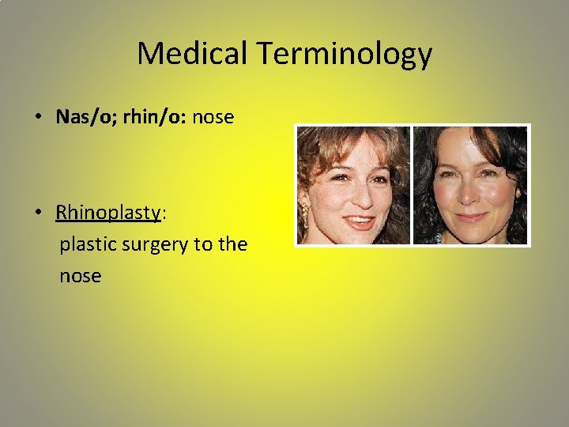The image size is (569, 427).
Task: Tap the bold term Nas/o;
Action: point(87,117)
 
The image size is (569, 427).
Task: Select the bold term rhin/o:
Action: point(154,117)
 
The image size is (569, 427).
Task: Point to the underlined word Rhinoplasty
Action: point(108,213)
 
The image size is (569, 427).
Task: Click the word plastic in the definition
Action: point(87,245)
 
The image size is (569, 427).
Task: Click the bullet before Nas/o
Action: point(38,118)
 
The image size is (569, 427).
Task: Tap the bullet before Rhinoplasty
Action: point(38,213)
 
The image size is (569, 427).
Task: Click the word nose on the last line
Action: point(80,276)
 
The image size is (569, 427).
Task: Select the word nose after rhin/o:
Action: point(213,117)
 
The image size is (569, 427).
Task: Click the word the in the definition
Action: point(233,244)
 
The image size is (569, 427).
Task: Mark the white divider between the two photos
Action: point(412,185)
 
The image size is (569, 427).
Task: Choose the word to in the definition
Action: point(203,244)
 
